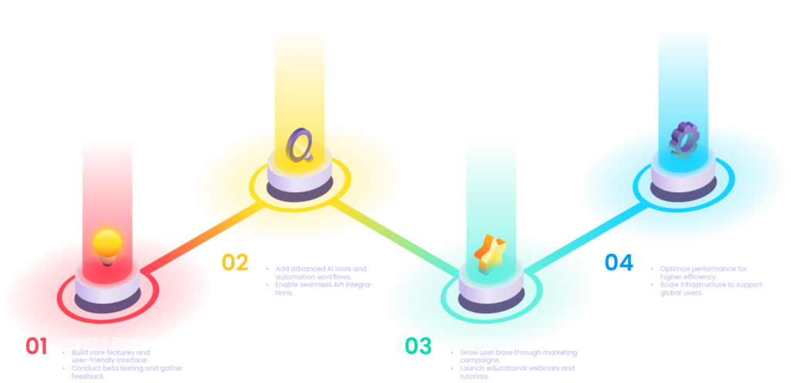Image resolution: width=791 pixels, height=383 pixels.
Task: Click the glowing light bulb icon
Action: [107, 243]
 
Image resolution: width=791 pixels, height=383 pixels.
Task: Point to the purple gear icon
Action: [684, 139]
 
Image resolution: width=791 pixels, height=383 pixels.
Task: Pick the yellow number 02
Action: [235, 263]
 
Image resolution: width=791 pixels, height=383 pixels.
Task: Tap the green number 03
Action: [418, 347]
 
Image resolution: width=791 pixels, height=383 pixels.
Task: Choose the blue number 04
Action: [619, 263]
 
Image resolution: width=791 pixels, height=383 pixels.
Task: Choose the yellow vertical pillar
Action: [300, 69]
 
